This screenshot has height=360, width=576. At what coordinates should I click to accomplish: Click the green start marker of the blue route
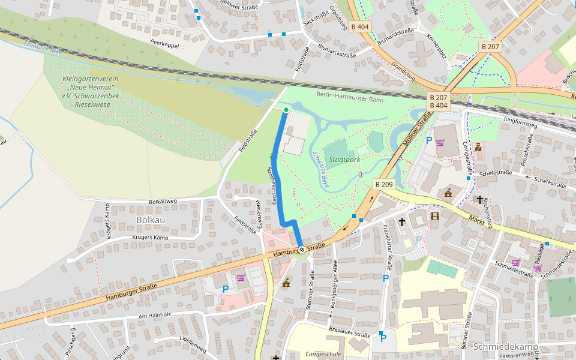[286, 110]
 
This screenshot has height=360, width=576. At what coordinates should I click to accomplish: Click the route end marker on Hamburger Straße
[301, 250]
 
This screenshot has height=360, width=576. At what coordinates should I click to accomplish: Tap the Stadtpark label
[344, 160]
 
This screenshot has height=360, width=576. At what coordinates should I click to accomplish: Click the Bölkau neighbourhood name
[151, 220]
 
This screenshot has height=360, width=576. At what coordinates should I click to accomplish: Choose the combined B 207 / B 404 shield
[438, 101]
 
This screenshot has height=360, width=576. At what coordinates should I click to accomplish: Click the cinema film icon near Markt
[434, 216]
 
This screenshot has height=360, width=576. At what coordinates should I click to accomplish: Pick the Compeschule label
[323, 354]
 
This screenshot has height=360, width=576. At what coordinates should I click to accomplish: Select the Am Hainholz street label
[154, 315]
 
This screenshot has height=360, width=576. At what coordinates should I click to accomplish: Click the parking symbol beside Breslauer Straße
[383, 338]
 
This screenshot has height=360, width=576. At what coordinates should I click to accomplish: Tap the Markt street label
[476, 220]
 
